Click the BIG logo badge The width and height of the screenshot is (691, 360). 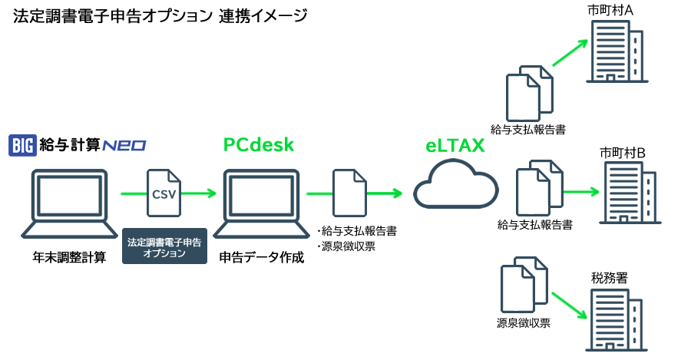23,145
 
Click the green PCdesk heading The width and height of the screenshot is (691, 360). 259,144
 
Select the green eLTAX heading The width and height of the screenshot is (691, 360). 455,145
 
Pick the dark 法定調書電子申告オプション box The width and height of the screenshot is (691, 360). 165,247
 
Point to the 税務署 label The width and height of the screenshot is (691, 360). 610,278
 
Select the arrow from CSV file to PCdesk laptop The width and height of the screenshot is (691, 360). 200,194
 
